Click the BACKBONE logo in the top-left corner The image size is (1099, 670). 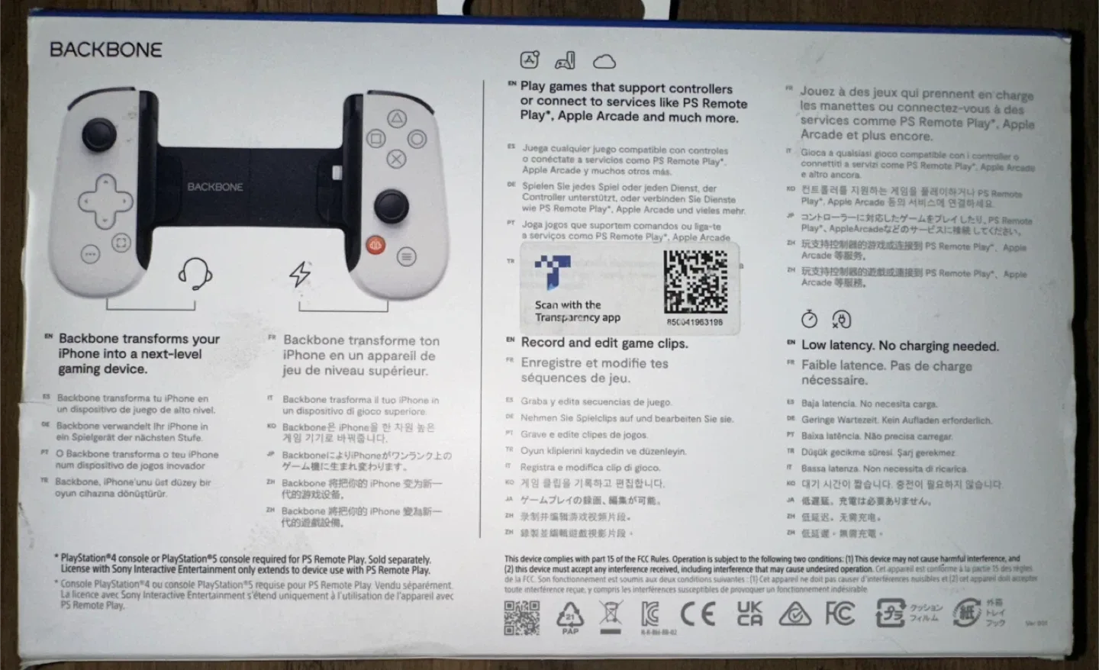[x=106, y=50]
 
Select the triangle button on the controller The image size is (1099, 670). [x=397, y=118]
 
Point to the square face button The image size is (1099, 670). [x=375, y=139]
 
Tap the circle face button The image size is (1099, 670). [x=417, y=139]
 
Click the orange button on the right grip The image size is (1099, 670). [x=375, y=245]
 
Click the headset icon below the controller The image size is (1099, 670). [x=195, y=272]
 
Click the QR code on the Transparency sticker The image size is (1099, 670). [x=695, y=281]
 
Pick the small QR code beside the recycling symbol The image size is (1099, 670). [x=522, y=617]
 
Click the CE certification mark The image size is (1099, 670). [x=698, y=614]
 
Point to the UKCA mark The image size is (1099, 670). [x=749, y=614]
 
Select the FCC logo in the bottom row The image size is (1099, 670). [x=840, y=613]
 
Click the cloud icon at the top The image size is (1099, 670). [x=604, y=61]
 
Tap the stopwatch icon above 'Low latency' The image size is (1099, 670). [x=809, y=318]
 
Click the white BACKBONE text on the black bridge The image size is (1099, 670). [x=215, y=187]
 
